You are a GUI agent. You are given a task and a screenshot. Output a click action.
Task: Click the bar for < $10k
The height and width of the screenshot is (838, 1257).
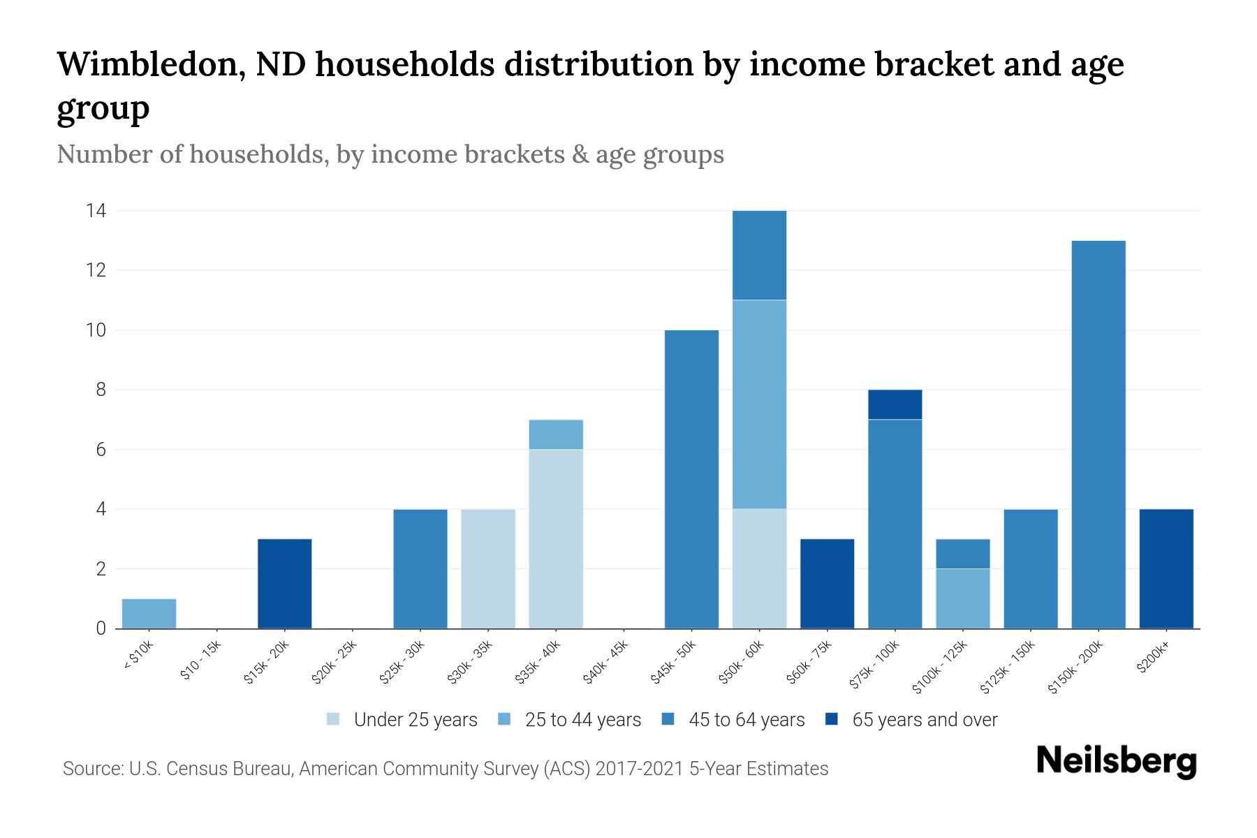pos(149,613)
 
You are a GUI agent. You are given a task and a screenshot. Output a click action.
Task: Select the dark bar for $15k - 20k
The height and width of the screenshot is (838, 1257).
pos(285,584)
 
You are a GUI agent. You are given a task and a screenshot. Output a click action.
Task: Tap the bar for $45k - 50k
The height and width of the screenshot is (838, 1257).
pos(691,479)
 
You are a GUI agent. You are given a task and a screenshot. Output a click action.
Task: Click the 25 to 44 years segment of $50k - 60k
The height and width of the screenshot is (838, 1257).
pos(759,404)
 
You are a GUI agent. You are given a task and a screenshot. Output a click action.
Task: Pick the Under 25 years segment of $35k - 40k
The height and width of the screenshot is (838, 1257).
pos(556,538)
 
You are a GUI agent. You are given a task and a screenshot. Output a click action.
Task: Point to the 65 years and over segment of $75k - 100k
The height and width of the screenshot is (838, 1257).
pos(895,404)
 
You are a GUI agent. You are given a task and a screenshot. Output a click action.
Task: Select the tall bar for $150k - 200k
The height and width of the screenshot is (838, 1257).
pos(1098,434)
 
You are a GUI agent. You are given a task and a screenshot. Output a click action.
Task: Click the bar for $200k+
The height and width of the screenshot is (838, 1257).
pos(1166,568)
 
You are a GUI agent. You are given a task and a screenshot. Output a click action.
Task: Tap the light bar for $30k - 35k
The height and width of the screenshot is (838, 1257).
pos(488,568)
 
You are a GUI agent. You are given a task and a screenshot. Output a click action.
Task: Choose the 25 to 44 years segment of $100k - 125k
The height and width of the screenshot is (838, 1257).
pos(963,598)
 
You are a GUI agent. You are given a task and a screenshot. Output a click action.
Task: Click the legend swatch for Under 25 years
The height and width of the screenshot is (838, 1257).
pos(334,719)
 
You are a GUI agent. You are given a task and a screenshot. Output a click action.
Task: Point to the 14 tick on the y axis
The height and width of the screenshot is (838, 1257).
pos(96,210)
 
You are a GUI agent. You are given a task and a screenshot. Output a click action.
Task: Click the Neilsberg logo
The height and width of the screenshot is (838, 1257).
pos(1116,760)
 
